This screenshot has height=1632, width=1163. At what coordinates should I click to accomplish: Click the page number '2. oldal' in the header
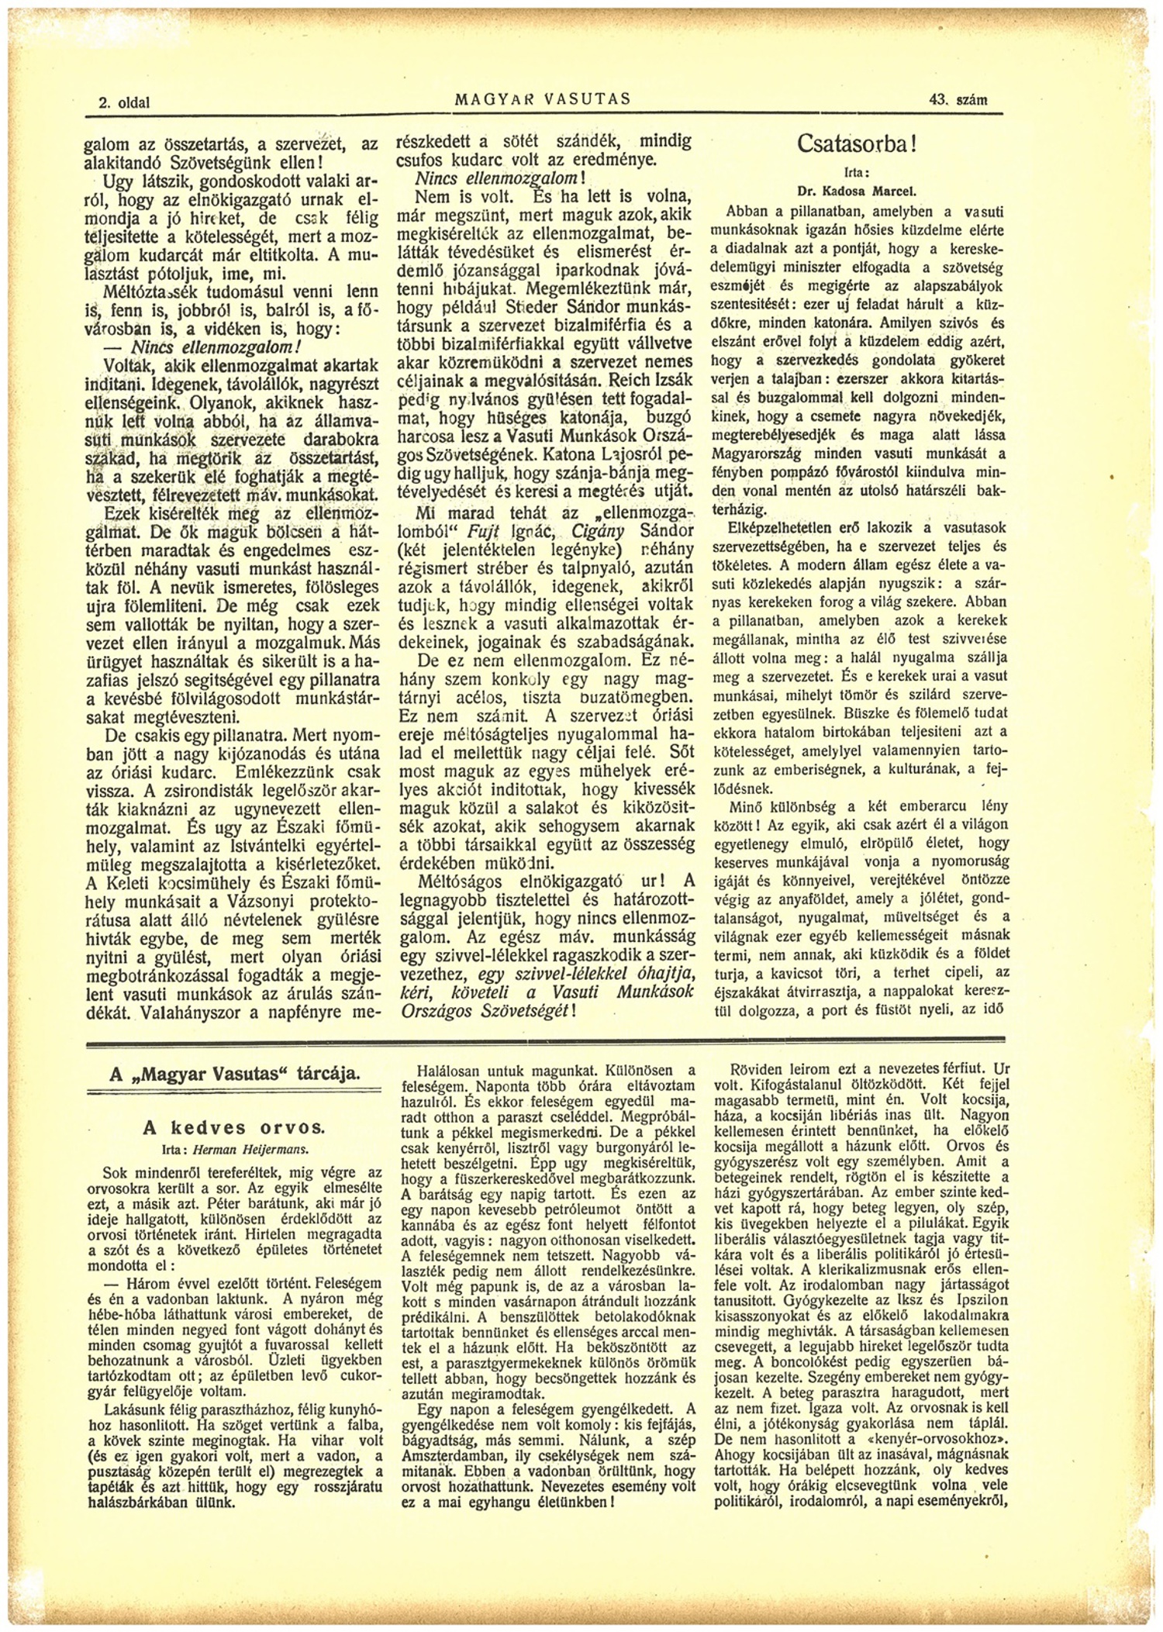tap(124, 102)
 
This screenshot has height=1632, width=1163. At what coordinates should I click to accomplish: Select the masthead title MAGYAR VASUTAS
tap(543, 99)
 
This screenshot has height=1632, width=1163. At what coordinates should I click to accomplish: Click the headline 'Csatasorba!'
tap(857, 144)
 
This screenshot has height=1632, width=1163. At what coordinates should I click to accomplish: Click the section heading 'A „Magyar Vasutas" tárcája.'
tap(235, 1074)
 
